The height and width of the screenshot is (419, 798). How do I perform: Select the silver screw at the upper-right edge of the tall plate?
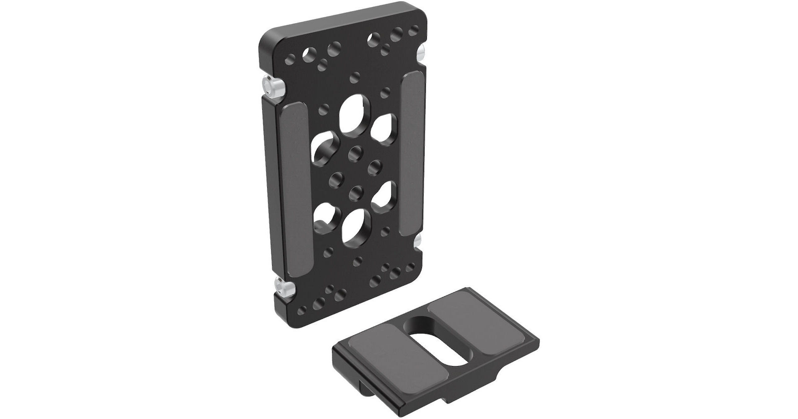click(422, 53)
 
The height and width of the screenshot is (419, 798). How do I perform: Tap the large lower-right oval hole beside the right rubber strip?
click(383, 195)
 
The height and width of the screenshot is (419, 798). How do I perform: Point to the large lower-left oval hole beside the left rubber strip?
click(324, 217)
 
